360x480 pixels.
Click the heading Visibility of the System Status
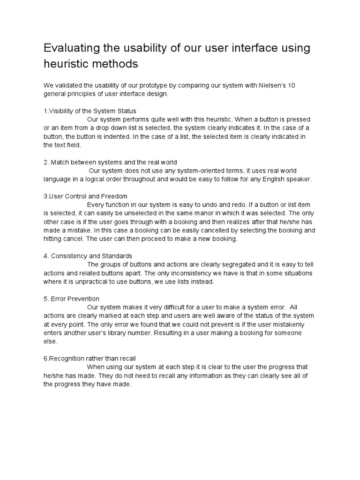click(90, 111)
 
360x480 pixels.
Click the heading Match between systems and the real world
click(110, 162)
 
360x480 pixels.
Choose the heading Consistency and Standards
click(88, 256)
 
